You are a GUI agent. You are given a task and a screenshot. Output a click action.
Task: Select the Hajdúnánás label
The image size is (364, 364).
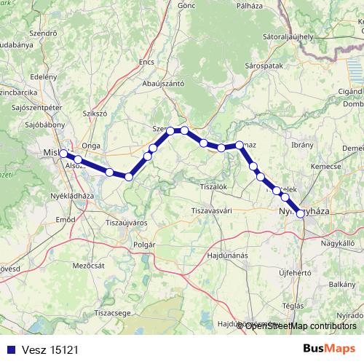tap(226, 256)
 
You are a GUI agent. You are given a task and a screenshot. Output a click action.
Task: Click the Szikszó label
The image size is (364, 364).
tap(95, 114)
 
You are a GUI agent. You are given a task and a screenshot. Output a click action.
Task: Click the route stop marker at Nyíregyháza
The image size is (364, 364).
tap(300, 213)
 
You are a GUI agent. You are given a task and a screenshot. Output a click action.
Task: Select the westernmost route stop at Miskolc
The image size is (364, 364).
tap(63, 154)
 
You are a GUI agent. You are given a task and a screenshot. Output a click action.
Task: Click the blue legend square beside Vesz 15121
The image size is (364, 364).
tap(9, 349)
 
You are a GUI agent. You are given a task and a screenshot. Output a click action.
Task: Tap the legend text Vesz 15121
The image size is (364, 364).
tap(50, 349)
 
